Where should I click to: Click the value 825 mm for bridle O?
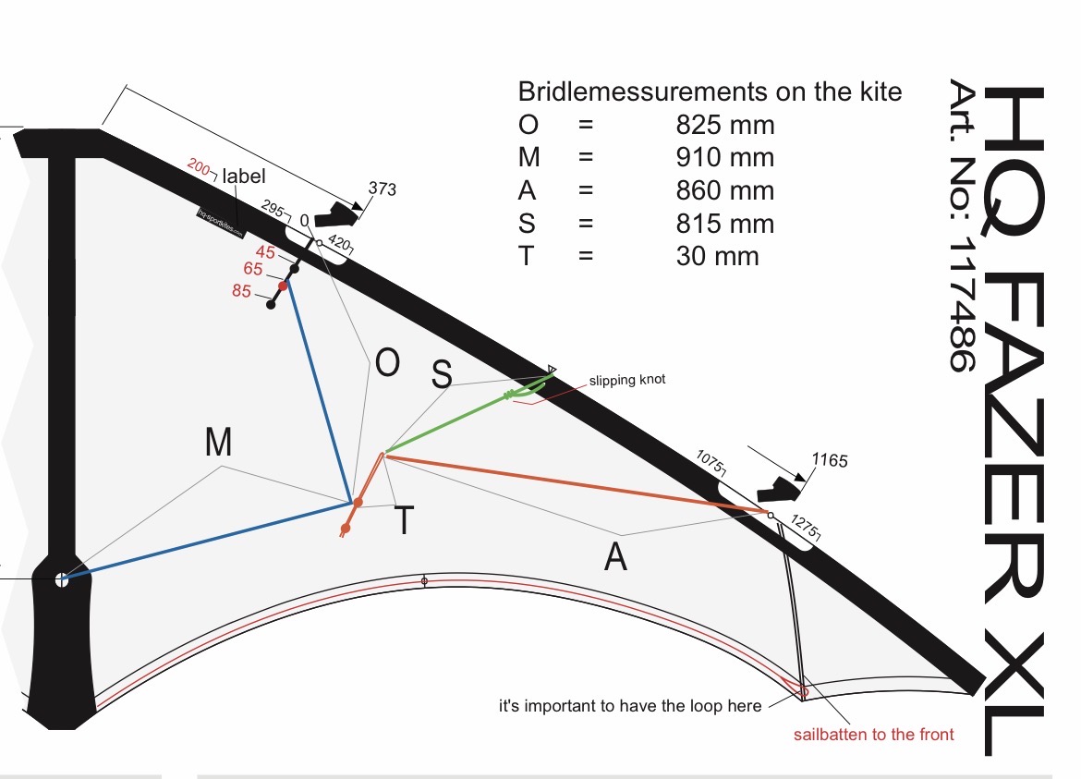(x=725, y=125)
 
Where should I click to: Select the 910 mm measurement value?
(x=725, y=158)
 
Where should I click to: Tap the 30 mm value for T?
(x=717, y=256)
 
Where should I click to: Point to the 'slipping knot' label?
(x=627, y=380)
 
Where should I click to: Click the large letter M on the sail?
(x=218, y=444)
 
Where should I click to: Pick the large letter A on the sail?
(x=615, y=556)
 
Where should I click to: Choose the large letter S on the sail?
(x=443, y=373)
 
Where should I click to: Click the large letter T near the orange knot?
(x=404, y=522)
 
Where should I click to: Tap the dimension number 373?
(x=382, y=189)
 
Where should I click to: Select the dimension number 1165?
(x=829, y=460)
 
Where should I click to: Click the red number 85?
(x=241, y=290)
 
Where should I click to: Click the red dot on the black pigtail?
(x=284, y=286)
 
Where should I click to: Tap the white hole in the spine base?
(x=61, y=580)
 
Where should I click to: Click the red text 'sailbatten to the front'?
(x=873, y=735)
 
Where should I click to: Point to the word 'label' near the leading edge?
(x=244, y=176)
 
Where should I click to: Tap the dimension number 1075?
(x=711, y=459)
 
